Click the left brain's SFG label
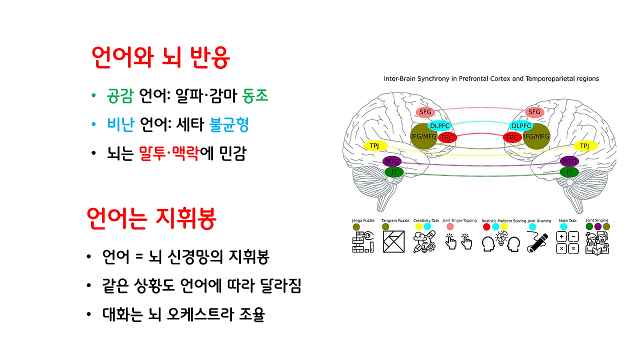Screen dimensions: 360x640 [x=425, y=112]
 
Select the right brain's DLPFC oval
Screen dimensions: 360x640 [x=521, y=126]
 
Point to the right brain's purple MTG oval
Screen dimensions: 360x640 [x=569, y=161]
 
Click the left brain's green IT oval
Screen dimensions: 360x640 [x=394, y=172]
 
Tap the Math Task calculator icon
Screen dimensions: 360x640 [x=567, y=242]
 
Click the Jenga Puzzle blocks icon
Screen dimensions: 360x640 [x=362, y=242]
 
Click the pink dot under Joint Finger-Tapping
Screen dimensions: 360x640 [x=450, y=227]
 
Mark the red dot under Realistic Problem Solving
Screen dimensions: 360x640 [x=486, y=227]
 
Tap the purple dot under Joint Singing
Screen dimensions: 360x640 [x=598, y=226]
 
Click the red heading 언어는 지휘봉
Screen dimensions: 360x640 [x=150, y=218]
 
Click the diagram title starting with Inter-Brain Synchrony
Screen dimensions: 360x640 [x=491, y=78]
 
